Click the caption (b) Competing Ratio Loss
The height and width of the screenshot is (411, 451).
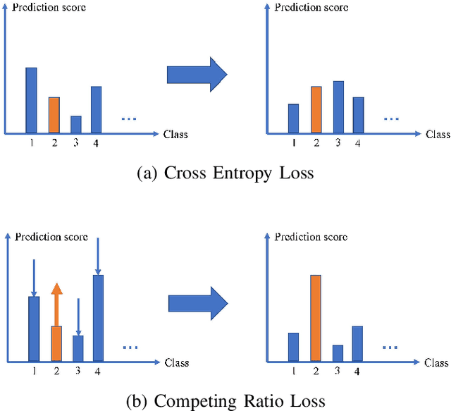225,400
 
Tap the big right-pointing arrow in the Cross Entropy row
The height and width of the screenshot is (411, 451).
197,73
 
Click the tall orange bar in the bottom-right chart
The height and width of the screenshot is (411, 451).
316,317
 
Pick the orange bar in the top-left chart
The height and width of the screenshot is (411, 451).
54,115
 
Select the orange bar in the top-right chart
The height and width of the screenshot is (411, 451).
316,109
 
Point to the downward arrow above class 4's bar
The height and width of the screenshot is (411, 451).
98,256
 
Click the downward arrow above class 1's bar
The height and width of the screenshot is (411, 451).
34,277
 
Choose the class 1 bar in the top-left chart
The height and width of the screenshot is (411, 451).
32,100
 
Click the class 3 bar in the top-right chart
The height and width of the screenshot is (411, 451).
338,106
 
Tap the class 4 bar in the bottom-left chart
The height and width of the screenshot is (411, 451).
99,317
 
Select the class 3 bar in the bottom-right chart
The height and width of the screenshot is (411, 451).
338,352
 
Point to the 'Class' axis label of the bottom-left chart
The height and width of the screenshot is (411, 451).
176,363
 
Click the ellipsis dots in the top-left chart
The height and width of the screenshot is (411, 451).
128,118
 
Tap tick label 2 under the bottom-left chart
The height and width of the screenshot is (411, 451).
56,372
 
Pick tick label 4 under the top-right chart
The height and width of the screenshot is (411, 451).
358,143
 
